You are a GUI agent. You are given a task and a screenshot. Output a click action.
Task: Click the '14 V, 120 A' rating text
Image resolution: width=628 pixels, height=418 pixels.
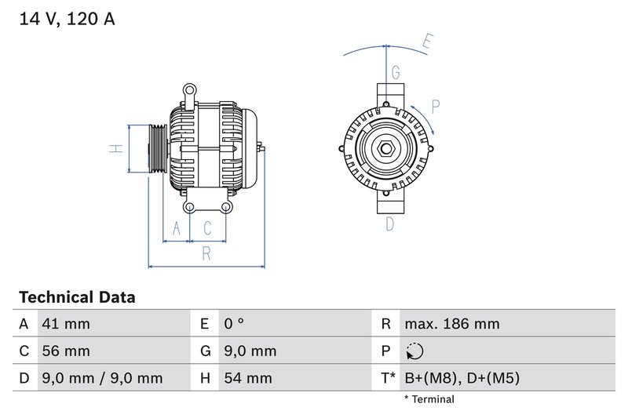tap(66, 19)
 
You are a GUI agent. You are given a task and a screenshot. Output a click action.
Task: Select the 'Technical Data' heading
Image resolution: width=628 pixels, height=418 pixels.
tap(77, 297)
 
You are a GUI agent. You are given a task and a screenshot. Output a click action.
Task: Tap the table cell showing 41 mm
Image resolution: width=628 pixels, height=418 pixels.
tap(66, 324)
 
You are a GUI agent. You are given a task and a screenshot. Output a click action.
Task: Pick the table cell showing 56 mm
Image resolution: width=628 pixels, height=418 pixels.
tap(66, 351)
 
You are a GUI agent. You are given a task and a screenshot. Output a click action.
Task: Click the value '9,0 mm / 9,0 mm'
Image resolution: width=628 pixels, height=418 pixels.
tap(102, 378)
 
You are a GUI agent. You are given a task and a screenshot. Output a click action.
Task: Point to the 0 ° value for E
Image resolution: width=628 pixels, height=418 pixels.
tap(234, 324)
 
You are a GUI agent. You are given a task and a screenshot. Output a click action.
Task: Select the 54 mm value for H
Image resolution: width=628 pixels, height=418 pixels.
tap(247, 378)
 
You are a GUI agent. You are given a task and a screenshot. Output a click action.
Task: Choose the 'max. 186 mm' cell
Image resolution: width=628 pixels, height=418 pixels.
tap(451, 324)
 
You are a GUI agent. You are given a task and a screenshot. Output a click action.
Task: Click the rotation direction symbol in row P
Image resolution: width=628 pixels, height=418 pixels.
tap(416, 351)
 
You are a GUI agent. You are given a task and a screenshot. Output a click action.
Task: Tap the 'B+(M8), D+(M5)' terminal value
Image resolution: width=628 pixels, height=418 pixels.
tap(462, 378)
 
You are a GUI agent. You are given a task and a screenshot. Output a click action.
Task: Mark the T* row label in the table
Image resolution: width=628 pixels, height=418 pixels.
tap(387, 378)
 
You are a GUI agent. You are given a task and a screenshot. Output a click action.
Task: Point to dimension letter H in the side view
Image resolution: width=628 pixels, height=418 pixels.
tap(115, 147)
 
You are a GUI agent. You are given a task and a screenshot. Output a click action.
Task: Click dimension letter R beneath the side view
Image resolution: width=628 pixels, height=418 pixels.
tap(206, 253)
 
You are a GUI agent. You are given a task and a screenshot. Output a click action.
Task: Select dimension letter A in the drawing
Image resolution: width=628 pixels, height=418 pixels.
tap(177, 228)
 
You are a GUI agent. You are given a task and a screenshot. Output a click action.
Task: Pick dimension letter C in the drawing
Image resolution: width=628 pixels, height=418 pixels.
tap(207, 228)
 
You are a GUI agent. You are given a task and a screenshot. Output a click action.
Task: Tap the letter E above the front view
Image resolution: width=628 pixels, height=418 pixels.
tap(428, 42)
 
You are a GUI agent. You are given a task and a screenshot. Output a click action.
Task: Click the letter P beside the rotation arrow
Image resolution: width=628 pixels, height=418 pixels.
tap(436, 107)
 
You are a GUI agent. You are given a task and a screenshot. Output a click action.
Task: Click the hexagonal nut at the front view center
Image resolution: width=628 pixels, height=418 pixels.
tap(385, 149)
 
